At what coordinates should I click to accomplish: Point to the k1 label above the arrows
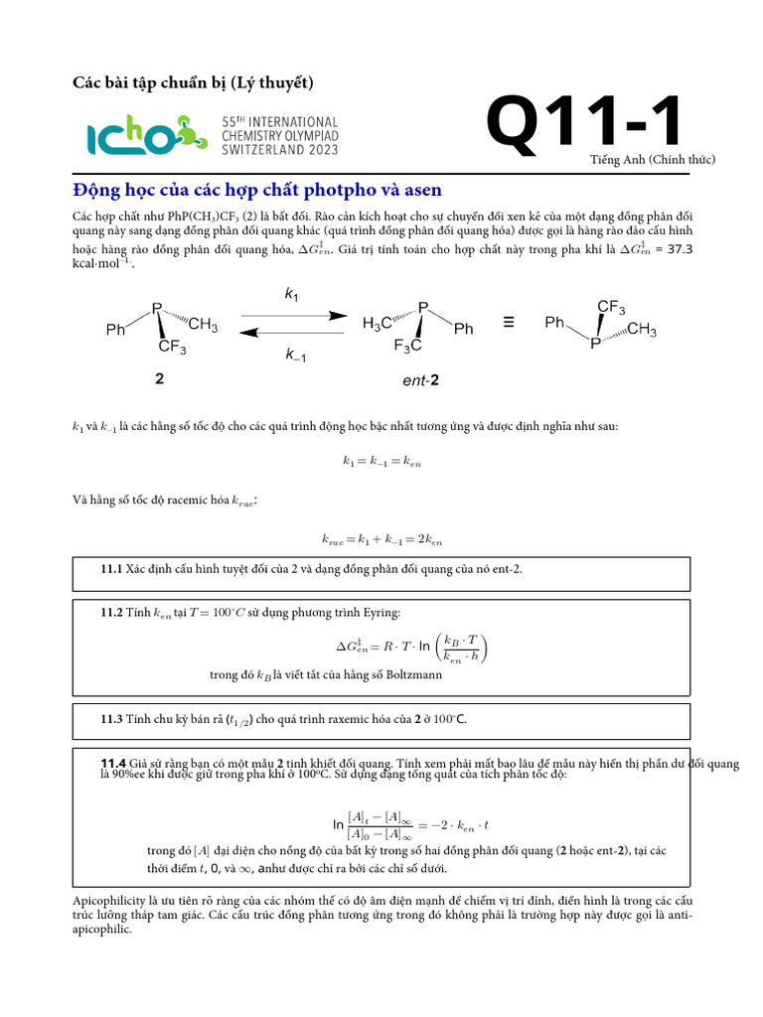291,294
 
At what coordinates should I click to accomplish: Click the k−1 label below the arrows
295,356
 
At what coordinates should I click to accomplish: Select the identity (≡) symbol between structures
509,322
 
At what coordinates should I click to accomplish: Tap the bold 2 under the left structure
159,378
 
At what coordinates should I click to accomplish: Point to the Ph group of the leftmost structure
116,330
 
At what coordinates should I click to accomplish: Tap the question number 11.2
110,613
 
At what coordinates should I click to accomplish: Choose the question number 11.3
110,719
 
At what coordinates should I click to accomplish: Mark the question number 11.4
112,762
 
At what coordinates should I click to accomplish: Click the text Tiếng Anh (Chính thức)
653,160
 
